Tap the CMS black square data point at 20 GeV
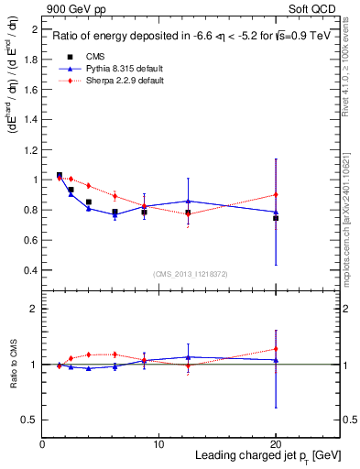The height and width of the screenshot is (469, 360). [x=276, y=218]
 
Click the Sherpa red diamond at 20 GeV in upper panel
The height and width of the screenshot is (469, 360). [x=276, y=194]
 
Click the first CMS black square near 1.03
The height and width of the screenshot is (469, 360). [x=60, y=175]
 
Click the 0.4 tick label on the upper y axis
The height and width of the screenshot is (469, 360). [x=30, y=270]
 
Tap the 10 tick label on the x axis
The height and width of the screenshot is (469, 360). [x=158, y=444]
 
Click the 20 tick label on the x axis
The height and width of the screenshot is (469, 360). [x=276, y=444]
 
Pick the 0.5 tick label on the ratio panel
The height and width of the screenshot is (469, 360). [x=30, y=420]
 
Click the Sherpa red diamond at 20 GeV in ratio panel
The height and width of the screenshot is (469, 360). [x=276, y=349]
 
